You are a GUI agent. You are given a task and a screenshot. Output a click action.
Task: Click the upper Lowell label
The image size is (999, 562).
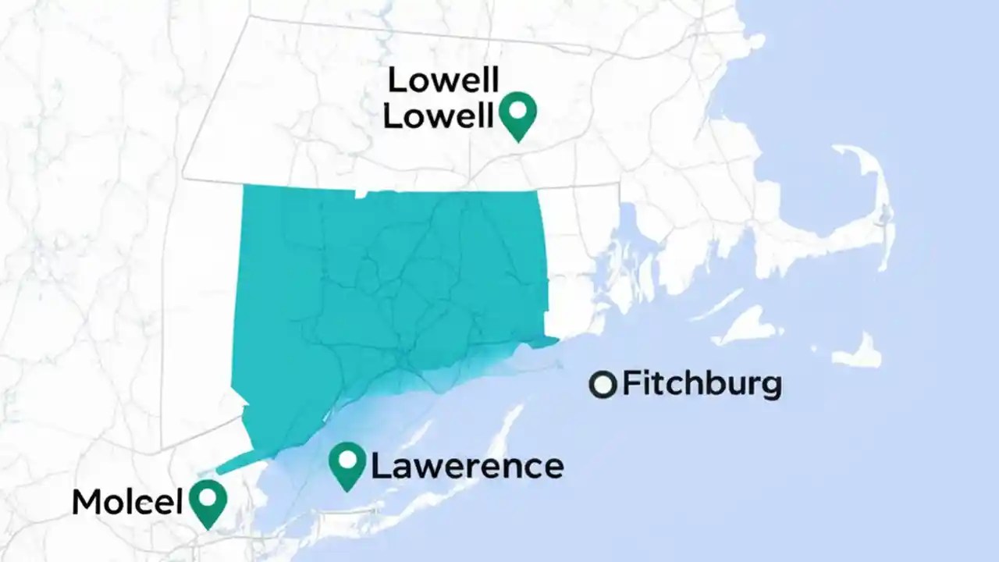(443, 80)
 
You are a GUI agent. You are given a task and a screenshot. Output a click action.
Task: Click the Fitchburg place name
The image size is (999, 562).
(702, 384)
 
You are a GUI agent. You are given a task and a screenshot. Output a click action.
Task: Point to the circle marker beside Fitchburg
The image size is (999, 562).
(603, 385)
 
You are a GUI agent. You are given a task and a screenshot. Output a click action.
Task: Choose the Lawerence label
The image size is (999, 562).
(467, 467)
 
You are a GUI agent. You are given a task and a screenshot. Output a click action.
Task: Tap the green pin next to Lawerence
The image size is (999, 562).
(347, 465)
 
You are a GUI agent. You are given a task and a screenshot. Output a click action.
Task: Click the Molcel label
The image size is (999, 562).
(126, 502)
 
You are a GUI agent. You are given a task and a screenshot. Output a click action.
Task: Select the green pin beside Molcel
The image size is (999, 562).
(208, 503)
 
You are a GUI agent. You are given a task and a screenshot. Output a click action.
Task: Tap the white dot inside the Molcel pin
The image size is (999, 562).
(208, 496)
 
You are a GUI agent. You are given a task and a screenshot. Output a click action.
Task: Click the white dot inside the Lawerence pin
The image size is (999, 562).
(347, 458)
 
